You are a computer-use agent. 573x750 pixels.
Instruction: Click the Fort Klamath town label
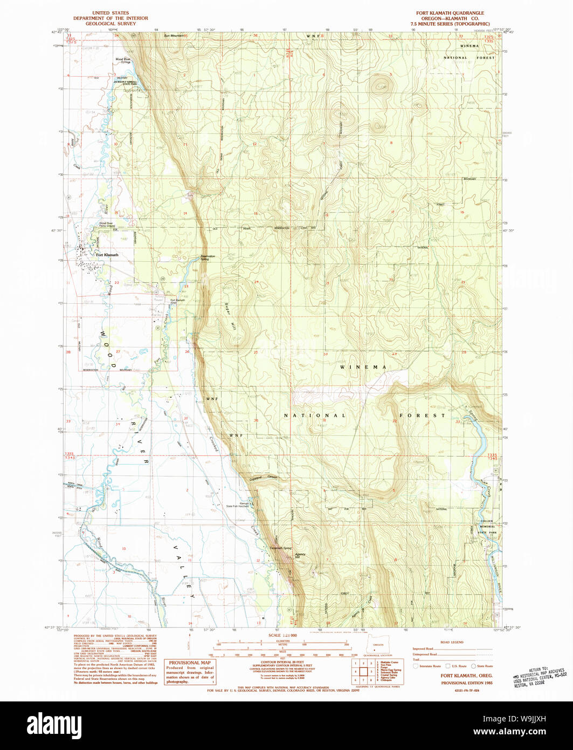tap(107, 255)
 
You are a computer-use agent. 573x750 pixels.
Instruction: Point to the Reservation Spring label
tap(208, 258)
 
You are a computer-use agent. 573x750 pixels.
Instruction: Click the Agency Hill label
tap(300, 556)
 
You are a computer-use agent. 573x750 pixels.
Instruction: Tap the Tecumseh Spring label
tap(281, 549)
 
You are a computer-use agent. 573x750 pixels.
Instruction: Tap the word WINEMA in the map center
tap(363, 367)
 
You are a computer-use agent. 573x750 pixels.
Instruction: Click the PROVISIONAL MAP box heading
tap(190, 663)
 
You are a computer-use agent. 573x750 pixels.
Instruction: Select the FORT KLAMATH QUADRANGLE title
tap(450, 13)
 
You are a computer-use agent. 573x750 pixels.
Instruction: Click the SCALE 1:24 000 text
tap(282, 636)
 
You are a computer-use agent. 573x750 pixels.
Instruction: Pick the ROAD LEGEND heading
tap(451, 642)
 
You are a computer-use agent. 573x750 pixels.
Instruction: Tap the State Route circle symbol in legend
tap(474, 666)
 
